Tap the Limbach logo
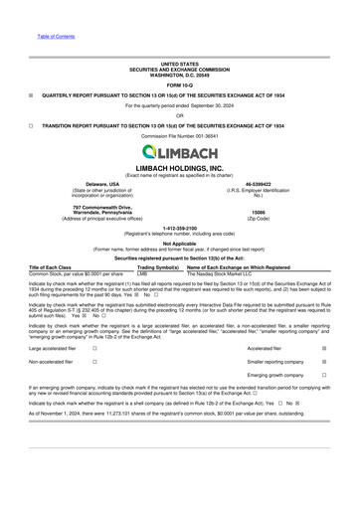pyautogui.click(x=180, y=151)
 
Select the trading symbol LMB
pyautogui.click(x=142, y=272)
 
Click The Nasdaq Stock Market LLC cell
pyautogui.click(x=226, y=272)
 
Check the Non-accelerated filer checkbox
pyautogui.click(x=93, y=362)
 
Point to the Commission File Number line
pyautogui.click(x=179, y=136)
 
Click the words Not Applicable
pyautogui.click(x=179, y=243)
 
